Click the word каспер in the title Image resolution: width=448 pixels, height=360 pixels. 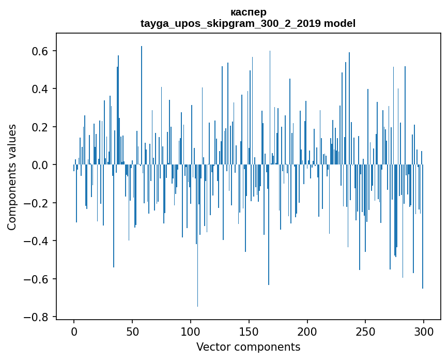[x=248, y=12]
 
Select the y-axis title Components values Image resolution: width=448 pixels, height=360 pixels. [x=12, y=177]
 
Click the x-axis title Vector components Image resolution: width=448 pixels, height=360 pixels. [x=248, y=347]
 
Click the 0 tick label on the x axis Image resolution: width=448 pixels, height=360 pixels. [x=74, y=331]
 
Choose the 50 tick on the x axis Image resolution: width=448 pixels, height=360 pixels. [x=132, y=331]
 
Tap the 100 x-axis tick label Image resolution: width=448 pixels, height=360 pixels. [x=191, y=331]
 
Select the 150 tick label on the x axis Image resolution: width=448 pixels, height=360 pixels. [x=249, y=331]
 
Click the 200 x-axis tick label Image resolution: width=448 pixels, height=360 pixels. [x=307, y=331]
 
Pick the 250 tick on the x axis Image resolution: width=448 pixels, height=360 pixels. [x=366, y=331]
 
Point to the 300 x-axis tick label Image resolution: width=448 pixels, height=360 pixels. [x=424, y=331]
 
